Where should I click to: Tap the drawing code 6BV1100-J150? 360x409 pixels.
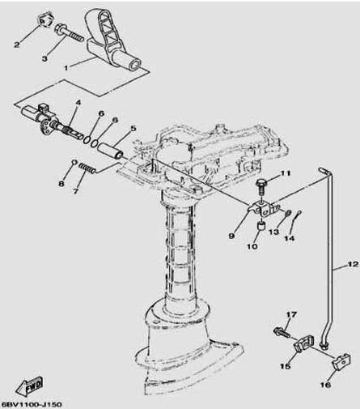[x=32, y=404]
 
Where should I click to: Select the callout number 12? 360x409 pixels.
[x=352, y=264]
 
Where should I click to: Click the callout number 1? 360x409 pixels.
[x=66, y=67]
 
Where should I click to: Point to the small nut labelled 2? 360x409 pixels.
[x=44, y=20]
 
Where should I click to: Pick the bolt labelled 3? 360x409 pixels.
[x=69, y=32]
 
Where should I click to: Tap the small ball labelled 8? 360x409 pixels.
[x=74, y=162]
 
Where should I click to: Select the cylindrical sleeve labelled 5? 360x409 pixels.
[x=110, y=151]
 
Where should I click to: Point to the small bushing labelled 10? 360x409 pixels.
[x=260, y=226]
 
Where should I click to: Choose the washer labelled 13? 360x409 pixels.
[x=287, y=213]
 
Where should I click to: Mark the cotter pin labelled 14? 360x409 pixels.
[x=297, y=215]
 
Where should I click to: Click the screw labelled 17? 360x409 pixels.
[x=282, y=333]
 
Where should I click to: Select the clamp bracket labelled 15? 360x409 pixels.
[x=303, y=343]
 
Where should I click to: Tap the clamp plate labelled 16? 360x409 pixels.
[x=341, y=361]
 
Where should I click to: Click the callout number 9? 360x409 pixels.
[x=231, y=236]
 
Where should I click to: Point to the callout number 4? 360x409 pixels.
[x=78, y=103]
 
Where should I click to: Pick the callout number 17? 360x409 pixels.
[x=291, y=314]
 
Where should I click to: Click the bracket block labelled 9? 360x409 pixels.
[x=264, y=208]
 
